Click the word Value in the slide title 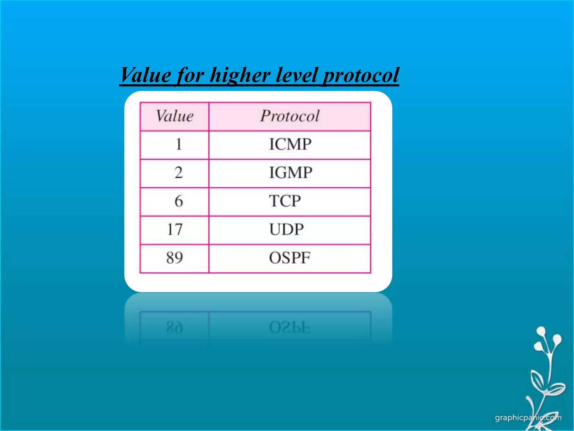click(x=145, y=75)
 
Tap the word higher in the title click(x=240, y=75)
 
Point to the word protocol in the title click(x=361, y=75)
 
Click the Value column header click(x=175, y=116)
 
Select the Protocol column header click(x=290, y=116)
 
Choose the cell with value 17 click(x=175, y=230)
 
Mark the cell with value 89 click(x=175, y=258)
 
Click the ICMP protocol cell click(x=290, y=145)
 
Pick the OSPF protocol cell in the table click(x=290, y=258)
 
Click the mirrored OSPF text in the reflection click(x=290, y=327)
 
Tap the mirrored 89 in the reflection click(x=175, y=327)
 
